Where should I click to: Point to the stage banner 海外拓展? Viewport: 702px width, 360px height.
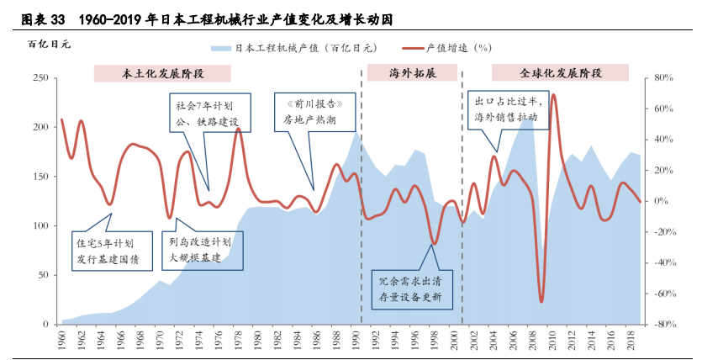412,73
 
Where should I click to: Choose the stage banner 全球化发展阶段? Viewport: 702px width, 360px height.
561,73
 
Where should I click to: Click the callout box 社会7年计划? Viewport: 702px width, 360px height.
207,114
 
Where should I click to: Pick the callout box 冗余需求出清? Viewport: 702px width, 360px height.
410,289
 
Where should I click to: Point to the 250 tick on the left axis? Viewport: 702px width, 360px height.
39,77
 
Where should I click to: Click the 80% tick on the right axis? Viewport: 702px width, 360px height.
663,77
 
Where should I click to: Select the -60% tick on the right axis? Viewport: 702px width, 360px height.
662,294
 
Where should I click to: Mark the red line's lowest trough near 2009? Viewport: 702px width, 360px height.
541,301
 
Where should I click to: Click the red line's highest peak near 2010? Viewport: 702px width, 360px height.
553,95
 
